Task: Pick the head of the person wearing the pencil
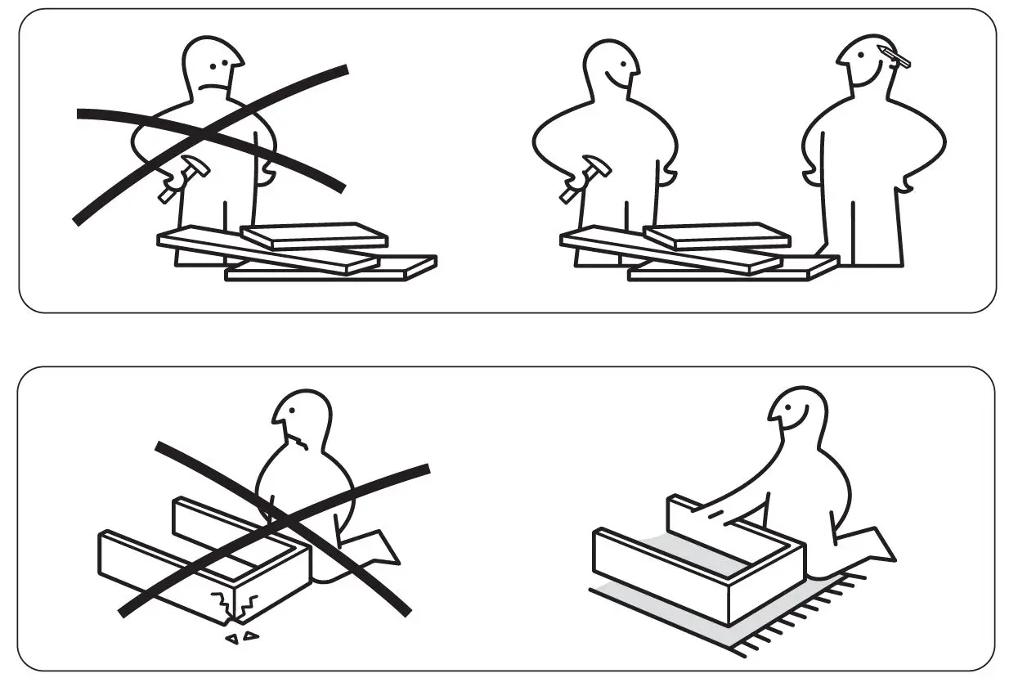coord(867,65)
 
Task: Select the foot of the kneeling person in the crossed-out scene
coord(376,550)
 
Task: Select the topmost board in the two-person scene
coord(717,236)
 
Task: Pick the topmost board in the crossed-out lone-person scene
coord(314,236)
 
